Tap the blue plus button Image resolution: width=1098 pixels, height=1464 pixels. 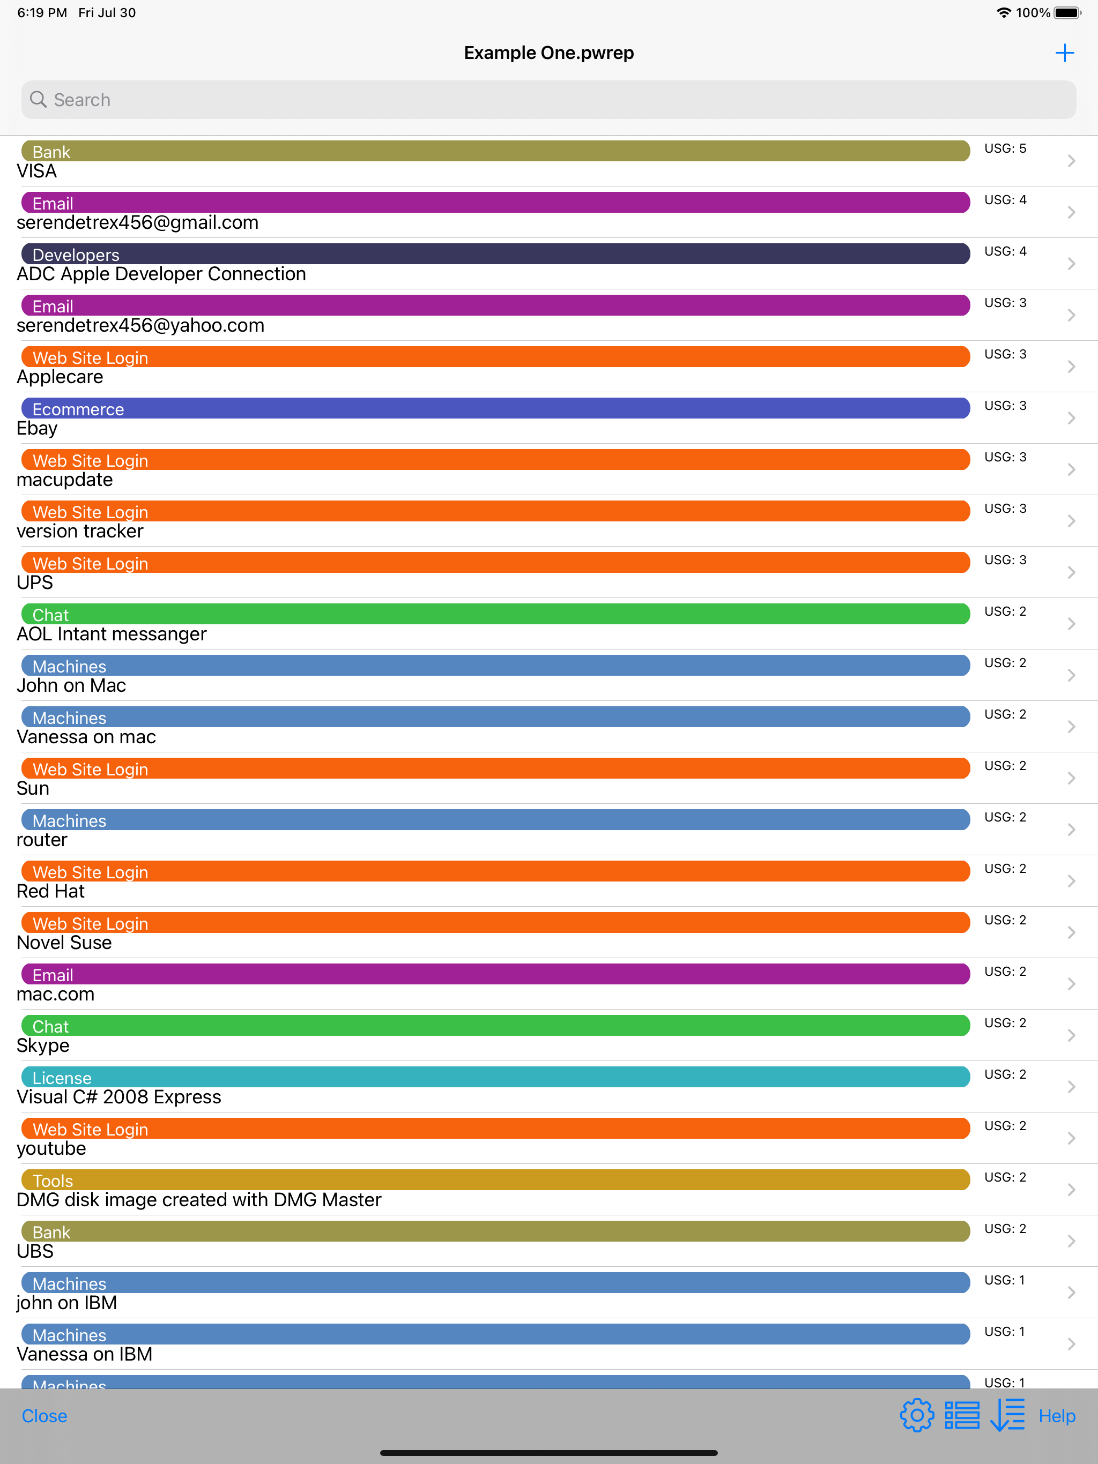[1064, 53]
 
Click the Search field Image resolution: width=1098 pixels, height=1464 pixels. [548, 100]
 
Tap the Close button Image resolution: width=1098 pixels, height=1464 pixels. [44, 1416]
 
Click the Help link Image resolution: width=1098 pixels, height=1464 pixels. [1056, 1416]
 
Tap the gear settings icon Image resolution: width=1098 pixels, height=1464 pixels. [917, 1416]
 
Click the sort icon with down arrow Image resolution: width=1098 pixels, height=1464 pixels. [1007, 1416]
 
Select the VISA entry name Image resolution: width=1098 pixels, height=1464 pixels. [37, 171]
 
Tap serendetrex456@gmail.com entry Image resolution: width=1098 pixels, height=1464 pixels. [138, 223]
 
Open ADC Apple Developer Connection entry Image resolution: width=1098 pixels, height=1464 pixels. [161, 274]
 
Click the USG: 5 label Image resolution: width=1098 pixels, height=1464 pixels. [1005, 148]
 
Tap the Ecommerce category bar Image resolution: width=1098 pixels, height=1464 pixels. [495, 408]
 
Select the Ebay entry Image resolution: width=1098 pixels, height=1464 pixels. [37, 429]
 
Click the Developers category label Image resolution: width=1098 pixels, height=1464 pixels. [76, 255]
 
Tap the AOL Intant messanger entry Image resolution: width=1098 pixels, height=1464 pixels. [112, 634]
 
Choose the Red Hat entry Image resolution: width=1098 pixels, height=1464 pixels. [51, 892]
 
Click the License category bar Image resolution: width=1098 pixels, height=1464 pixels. [495, 1077]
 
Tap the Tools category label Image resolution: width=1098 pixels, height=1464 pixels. [53, 1181]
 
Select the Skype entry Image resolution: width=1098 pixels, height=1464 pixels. [43, 1045]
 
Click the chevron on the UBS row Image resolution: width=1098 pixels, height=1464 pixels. [1071, 1241]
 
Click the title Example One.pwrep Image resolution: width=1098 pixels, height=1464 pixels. [548, 53]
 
